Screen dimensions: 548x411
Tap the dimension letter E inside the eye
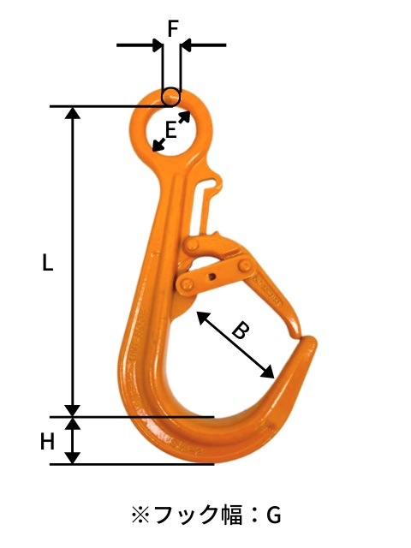point(170,130)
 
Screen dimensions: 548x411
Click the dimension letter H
point(48,442)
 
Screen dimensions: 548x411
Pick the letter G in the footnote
point(273,515)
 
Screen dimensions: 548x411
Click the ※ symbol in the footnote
point(140,515)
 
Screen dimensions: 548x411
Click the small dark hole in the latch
point(211,276)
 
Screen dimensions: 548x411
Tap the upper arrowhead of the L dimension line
point(74,113)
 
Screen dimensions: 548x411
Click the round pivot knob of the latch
point(185,283)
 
